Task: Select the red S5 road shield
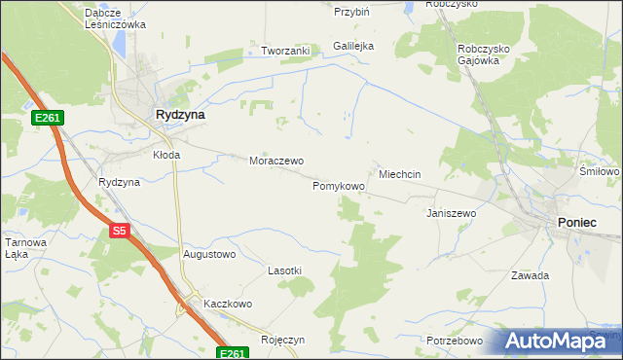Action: (x=119, y=231)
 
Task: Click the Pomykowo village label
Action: (x=339, y=185)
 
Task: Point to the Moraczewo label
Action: (x=276, y=161)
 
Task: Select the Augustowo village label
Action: (x=209, y=255)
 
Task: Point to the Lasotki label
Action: (x=285, y=270)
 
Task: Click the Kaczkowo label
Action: (x=228, y=304)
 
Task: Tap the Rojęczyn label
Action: (x=283, y=340)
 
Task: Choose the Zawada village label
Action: (x=531, y=275)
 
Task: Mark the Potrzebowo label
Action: (x=455, y=341)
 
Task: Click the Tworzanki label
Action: (x=284, y=51)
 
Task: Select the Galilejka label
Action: (x=353, y=46)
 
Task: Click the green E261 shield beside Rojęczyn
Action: (x=230, y=354)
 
